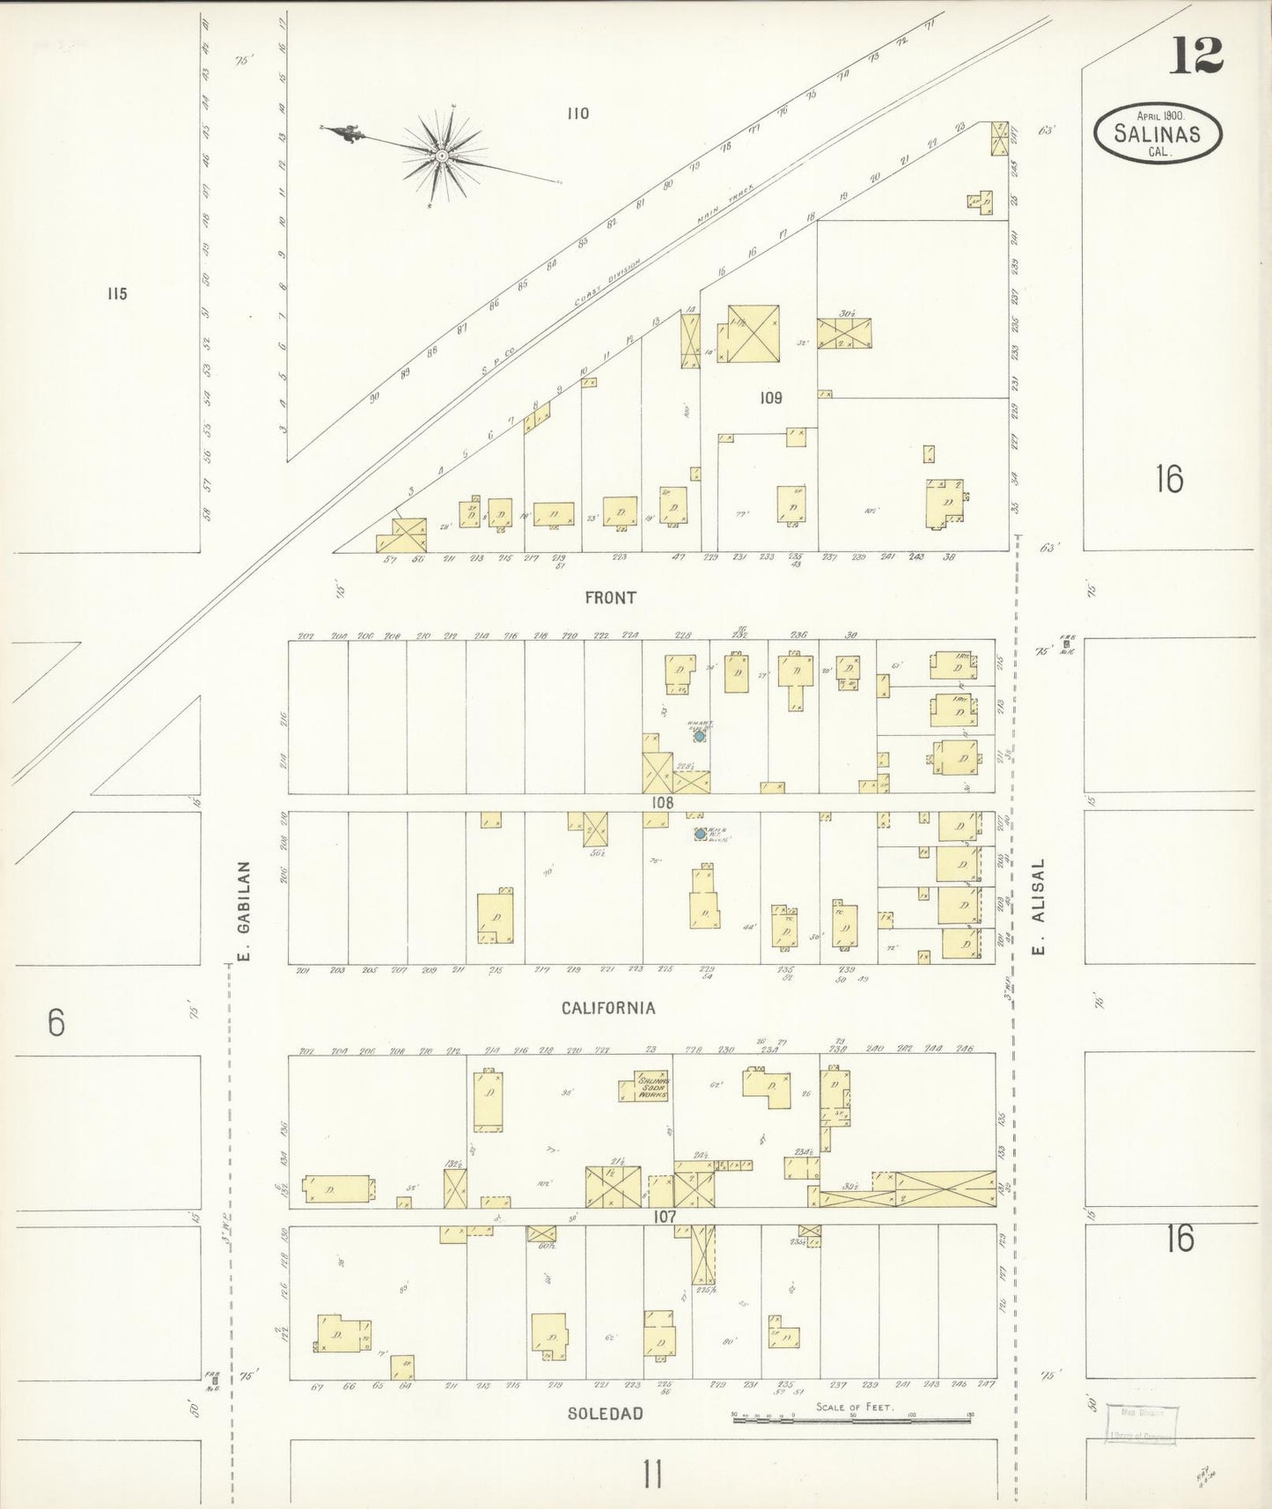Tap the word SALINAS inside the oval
coord(1157,134)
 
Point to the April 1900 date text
coord(1159,115)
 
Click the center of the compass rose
coord(440,156)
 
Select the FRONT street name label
coord(610,598)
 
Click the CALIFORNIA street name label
coord(608,1008)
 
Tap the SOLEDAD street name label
coord(605,1413)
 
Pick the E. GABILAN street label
coord(246,911)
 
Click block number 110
coord(577,114)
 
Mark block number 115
coord(117,294)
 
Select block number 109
coord(770,398)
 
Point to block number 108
coord(662,802)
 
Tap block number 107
coord(665,1216)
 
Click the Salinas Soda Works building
coord(652,1087)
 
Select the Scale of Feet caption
coord(854,1406)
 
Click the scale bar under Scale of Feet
coord(854,1418)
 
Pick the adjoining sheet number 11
coord(651,1473)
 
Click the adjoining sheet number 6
coord(56,1022)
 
